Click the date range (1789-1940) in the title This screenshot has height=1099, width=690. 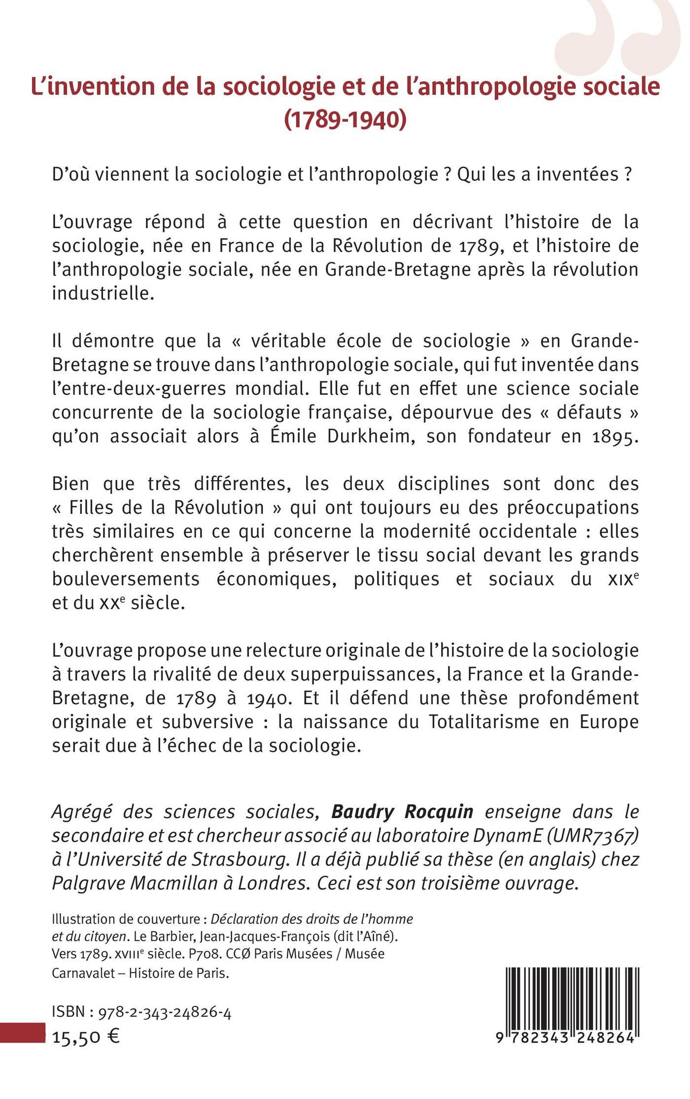click(345, 120)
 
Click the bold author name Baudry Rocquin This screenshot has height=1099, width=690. click(402, 811)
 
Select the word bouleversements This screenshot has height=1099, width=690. click(126, 579)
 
